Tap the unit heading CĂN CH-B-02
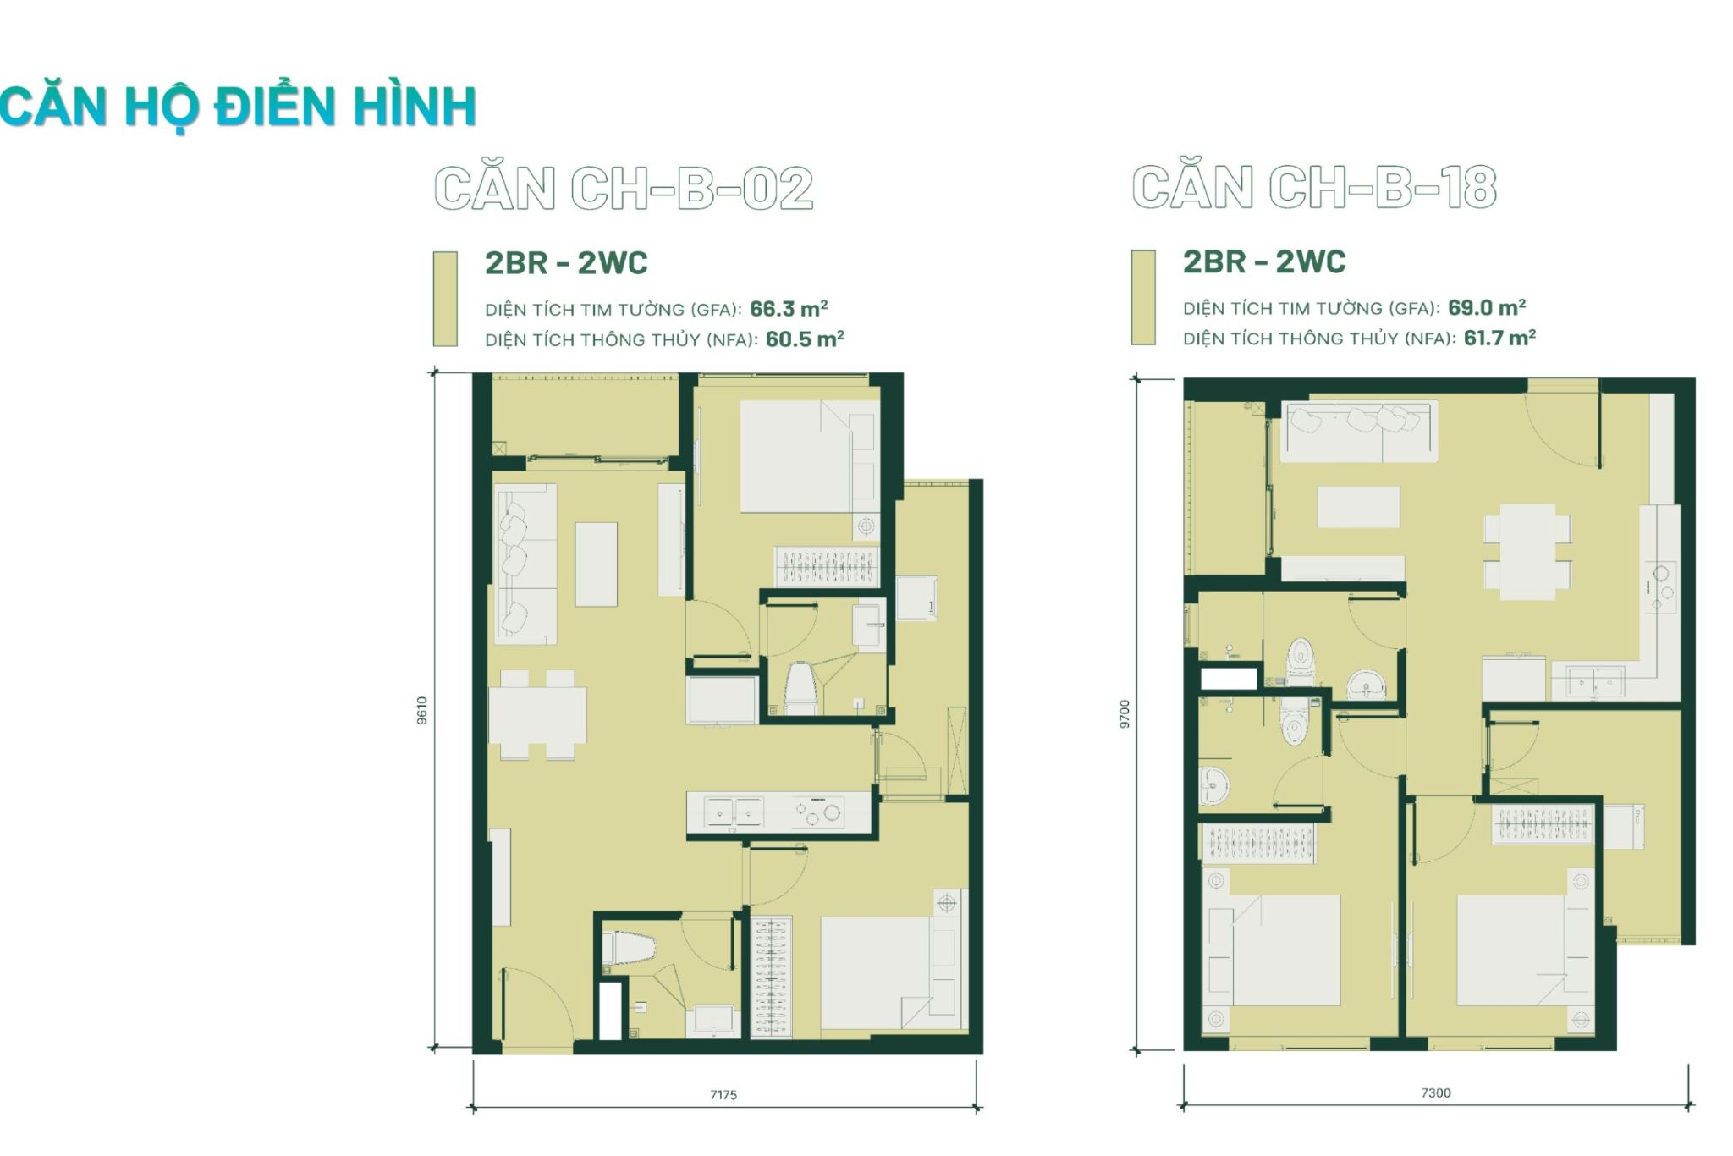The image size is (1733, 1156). tap(624, 188)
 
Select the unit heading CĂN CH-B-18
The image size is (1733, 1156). tap(1314, 187)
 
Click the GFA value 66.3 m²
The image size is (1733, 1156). tap(789, 308)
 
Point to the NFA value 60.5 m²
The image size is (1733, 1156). tap(805, 339)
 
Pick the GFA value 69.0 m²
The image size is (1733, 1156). tap(1487, 306)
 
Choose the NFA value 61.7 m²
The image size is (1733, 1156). tap(1499, 337)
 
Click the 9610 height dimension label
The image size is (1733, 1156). tap(422, 710)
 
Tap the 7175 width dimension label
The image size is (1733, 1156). tap(723, 1094)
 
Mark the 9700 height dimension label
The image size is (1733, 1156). tap(1124, 713)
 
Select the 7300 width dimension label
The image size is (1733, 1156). tap(1436, 1093)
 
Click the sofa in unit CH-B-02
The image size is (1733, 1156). tap(525, 564)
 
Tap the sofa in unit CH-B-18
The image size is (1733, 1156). tap(1358, 432)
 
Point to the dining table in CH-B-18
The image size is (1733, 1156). tap(1527, 552)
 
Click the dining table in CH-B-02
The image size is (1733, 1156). tap(537, 715)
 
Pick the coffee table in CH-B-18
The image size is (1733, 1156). tap(1358, 506)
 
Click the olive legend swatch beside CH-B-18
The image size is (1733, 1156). tap(1143, 297)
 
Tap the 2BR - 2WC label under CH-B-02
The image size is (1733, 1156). tap(566, 263)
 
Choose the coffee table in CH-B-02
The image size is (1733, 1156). tap(597, 564)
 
